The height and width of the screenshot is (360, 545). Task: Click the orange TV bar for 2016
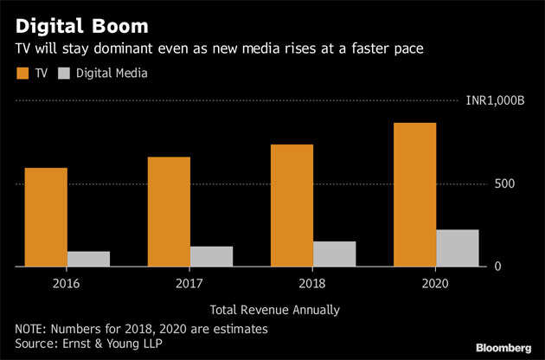click(x=46, y=217)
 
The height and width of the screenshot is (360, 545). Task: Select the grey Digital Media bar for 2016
click(x=89, y=259)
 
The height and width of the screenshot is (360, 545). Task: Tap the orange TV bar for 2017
click(x=169, y=212)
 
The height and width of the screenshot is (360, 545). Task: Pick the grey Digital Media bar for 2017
click(x=212, y=256)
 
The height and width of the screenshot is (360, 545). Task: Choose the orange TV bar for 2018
click(x=292, y=206)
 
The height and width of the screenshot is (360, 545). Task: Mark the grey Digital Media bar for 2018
click(x=335, y=254)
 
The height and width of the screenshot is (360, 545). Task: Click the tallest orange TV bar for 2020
click(x=415, y=195)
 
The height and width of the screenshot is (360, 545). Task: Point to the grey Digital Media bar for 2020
click(x=458, y=247)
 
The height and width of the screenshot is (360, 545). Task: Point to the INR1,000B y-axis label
click(x=495, y=101)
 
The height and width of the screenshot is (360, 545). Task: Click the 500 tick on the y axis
click(x=505, y=183)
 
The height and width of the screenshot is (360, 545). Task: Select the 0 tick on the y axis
click(x=498, y=267)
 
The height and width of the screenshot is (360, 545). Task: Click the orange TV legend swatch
click(x=22, y=73)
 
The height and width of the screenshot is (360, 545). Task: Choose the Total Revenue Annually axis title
click(x=274, y=310)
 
